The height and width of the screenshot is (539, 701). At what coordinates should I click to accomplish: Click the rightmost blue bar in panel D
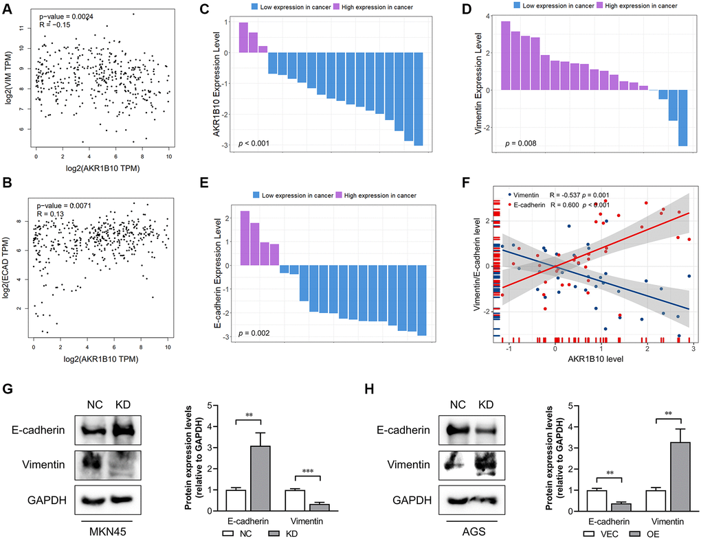point(682,117)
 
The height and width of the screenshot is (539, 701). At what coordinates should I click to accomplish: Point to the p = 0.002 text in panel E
point(254,333)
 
